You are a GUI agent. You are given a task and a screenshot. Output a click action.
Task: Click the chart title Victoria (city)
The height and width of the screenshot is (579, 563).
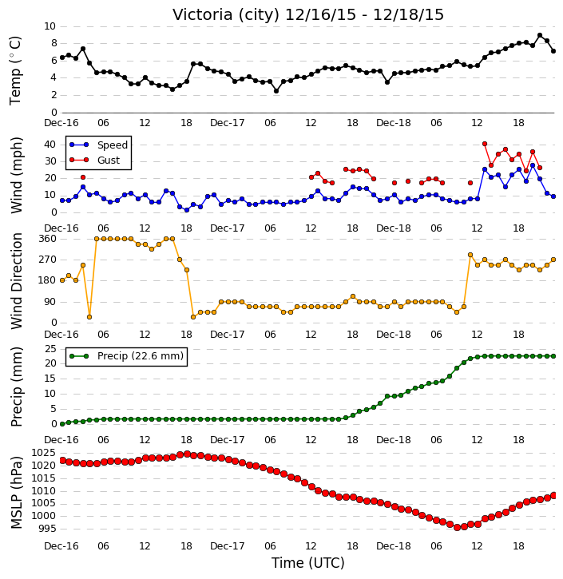tap(226, 15)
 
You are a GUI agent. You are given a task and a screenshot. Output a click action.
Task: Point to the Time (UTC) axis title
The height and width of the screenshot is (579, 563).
tap(308, 563)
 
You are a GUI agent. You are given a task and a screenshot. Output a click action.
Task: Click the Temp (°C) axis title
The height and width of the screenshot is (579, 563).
tap(15, 70)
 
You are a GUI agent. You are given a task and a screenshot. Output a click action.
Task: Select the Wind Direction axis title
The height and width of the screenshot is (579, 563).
tap(17, 281)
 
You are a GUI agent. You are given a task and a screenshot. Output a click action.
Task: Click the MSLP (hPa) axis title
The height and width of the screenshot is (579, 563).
tap(17, 493)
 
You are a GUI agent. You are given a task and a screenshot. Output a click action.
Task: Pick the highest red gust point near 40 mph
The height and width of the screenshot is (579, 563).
tap(485, 144)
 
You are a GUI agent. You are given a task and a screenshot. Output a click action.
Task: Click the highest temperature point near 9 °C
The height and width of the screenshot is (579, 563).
tap(540, 35)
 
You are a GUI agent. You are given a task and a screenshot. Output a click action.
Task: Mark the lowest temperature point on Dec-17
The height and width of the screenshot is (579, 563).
tap(276, 91)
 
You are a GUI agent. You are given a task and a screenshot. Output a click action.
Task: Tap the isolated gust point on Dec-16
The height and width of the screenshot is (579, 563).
tap(83, 177)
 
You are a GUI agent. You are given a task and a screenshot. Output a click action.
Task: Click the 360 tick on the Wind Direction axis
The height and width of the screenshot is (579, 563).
tap(48, 239)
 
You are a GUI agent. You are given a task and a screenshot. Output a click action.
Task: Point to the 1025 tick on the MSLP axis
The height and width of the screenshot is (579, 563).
tap(44, 453)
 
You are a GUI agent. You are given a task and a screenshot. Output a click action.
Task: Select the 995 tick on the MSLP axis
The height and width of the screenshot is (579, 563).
tap(47, 529)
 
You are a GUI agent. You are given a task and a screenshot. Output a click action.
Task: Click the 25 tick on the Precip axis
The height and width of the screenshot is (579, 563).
tap(50, 348)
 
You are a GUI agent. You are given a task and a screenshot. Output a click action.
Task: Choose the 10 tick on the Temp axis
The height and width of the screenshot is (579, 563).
tap(50, 26)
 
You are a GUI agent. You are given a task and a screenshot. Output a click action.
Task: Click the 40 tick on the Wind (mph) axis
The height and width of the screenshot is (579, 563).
tap(50, 145)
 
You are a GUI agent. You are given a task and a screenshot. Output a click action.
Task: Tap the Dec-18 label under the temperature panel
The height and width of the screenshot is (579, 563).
tap(394, 123)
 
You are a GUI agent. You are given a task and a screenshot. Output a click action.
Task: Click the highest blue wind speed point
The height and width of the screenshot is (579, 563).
tap(533, 166)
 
